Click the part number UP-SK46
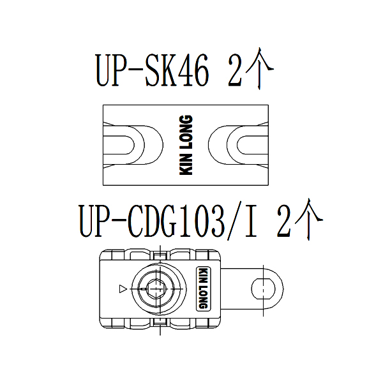point(153,70)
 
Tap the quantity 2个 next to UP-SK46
point(251,68)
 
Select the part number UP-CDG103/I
point(169,221)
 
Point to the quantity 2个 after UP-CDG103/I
point(300,220)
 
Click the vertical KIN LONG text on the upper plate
point(186,145)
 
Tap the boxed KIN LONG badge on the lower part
point(204,289)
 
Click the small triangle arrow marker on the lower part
point(123,289)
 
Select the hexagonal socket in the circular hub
point(156,289)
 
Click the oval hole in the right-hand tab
point(263,289)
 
